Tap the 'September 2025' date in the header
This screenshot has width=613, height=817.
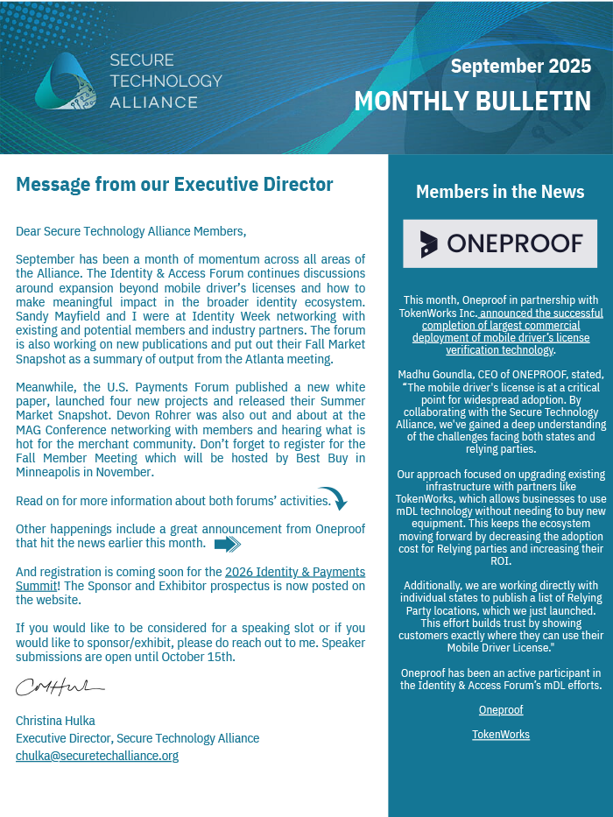[x=521, y=66]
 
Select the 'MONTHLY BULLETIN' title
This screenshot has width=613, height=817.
[x=473, y=101]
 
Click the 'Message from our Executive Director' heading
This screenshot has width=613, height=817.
[x=174, y=185]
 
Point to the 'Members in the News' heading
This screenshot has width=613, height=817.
[x=500, y=192]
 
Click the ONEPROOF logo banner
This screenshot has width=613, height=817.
[x=500, y=243]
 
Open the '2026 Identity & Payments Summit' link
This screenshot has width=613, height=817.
[x=295, y=573]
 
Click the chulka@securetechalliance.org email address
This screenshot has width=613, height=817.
[x=97, y=756]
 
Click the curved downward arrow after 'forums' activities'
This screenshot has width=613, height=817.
[x=333, y=497]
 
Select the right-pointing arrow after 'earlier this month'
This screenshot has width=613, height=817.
[x=227, y=545]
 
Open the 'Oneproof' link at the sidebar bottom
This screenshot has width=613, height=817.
[x=501, y=710]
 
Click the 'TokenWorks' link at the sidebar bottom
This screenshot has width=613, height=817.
[x=501, y=735]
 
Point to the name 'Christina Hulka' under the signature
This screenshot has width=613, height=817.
[x=55, y=721]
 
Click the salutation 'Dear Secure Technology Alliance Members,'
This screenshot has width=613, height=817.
[x=131, y=231]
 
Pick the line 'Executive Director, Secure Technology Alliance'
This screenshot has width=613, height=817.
[x=137, y=738]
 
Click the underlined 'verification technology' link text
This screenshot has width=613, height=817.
[x=499, y=350]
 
